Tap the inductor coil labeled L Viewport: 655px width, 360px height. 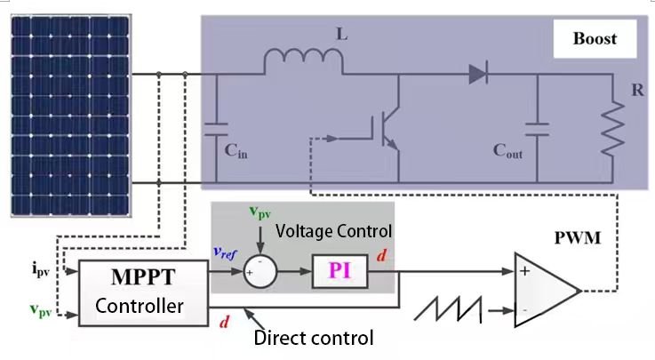304,60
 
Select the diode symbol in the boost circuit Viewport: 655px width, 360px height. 478,75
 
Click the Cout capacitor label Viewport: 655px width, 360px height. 507,152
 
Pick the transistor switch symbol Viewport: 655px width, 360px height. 386,132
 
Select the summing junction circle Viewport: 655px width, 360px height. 259,271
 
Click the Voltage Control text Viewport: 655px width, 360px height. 333,230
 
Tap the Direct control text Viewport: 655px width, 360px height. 313,338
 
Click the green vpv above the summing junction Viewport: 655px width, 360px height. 260,213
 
